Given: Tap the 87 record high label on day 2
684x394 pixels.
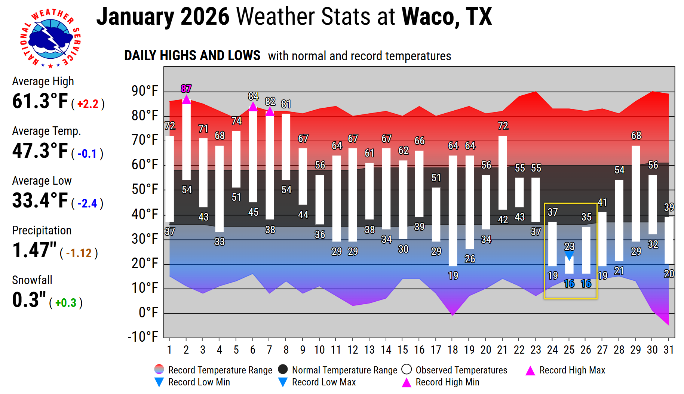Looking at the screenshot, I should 186,89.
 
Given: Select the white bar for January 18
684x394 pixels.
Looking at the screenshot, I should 453,210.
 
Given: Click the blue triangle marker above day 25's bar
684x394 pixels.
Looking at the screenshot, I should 569,256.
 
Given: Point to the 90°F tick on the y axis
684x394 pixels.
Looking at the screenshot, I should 145,91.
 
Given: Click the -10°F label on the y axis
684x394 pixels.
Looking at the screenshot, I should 143,337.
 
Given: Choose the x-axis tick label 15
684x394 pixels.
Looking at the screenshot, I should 402,350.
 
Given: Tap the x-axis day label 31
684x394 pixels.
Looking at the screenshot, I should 669,350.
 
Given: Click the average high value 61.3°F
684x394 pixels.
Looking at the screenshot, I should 40,101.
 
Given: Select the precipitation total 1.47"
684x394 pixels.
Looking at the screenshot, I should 34,250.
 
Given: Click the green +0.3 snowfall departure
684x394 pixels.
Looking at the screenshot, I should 66,303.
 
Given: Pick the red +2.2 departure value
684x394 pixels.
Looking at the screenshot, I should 88,104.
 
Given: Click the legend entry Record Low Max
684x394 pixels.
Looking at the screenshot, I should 323,382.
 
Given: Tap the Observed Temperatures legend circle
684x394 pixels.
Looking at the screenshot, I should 407,370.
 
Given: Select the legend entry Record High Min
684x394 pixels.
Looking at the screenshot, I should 447,382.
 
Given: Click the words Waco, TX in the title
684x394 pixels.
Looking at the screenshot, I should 447,17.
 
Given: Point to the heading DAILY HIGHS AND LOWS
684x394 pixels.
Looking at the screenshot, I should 192,56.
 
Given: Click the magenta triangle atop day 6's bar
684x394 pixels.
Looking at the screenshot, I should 253,107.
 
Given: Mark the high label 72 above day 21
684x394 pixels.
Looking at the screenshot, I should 503,126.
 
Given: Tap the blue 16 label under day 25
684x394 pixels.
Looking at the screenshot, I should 569,284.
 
